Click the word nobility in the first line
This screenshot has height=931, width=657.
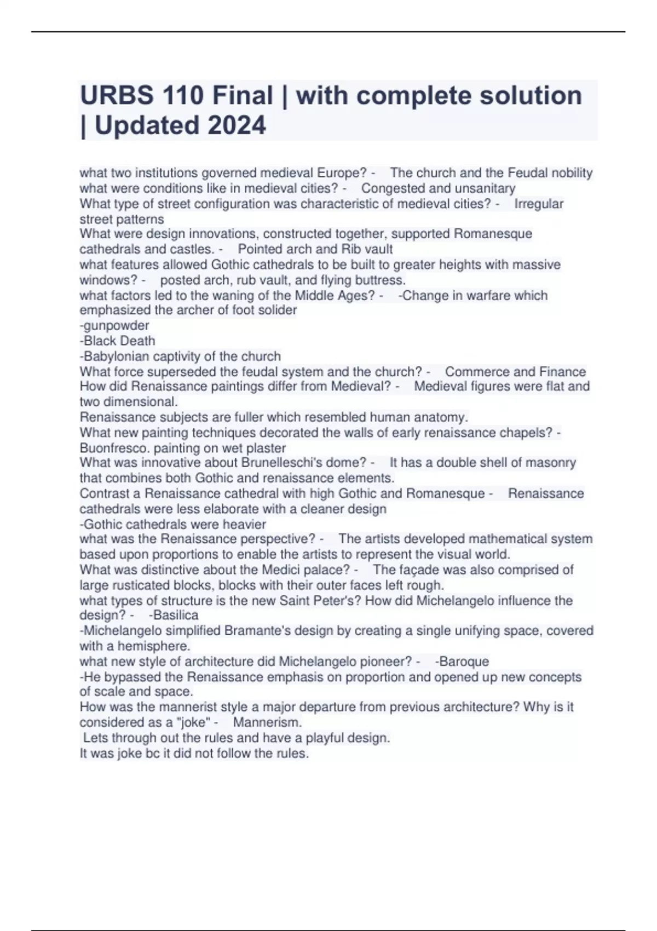coord(572,173)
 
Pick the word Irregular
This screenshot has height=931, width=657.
coord(539,204)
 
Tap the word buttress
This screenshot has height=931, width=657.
coord(379,280)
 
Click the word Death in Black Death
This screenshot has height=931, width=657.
coord(137,341)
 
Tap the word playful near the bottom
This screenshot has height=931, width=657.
coord(325,738)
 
